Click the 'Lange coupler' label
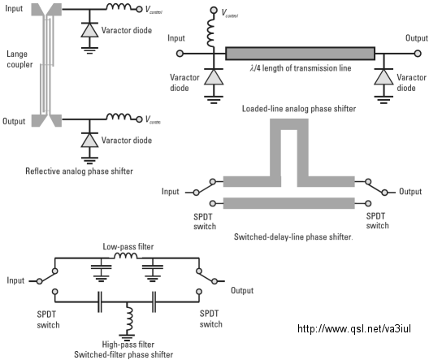pyautogui.click(x=19, y=59)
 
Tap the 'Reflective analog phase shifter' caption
pyautogui.click(x=80, y=171)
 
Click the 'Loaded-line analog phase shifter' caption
pyautogui.click(x=299, y=109)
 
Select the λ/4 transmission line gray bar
pyautogui.click(x=300, y=54)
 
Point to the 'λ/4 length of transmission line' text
pyautogui.click(x=301, y=67)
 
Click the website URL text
pyautogui.click(x=354, y=328)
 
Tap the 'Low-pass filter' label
pyautogui.click(x=128, y=246)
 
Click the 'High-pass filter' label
pyautogui.click(x=128, y=344)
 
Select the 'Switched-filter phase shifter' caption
pyautogui.click(x=123, y=354)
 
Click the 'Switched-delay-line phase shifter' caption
pyautogui.click(x=293, y=236)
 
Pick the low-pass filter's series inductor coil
pyautogui.click(x=126, y=255)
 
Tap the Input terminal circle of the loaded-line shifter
pyautogui.click(x=180, y=54)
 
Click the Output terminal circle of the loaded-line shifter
pyautogui.click(x=418, y=54)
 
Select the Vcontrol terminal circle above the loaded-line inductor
pyautogui.click(x=214, y=11)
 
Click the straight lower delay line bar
pyautogui.click(x=289, y=203)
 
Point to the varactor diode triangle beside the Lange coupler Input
pyautogui.click(x=89, y=30)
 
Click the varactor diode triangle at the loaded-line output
pyautogui.click(x=383, y=77)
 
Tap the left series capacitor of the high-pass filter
pyautogui.click(x=100, y=302)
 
